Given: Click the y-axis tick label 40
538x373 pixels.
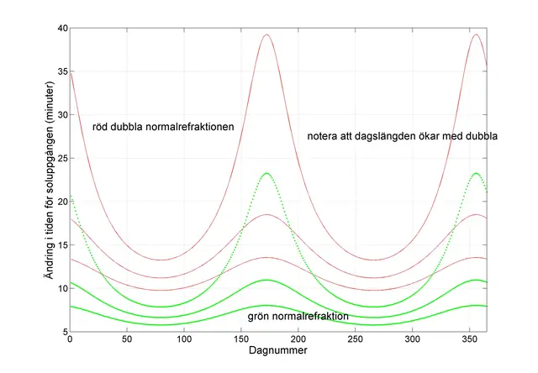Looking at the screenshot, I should (61, 29).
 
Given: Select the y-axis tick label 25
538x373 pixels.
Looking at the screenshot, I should (61, 159).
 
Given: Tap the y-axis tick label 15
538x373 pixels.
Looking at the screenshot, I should (61, 245).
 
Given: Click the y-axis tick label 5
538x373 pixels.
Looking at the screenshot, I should (64, 332).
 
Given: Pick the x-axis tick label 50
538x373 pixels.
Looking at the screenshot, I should (127, 340).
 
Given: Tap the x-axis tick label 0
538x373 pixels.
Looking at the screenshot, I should (70, 340).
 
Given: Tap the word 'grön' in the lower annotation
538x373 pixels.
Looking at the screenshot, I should (260, 316).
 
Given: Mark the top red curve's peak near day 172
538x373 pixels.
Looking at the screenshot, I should (266, 35).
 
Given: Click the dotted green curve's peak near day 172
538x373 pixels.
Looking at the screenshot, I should (266, 173).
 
